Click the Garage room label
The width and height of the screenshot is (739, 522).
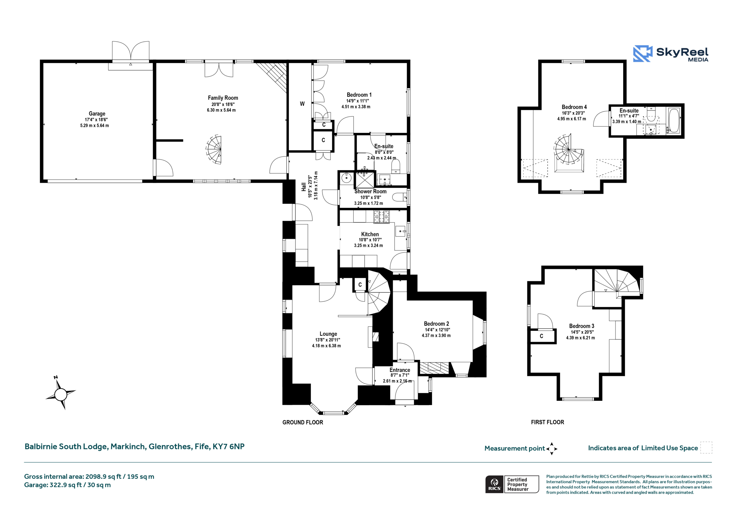(x=97, y=114)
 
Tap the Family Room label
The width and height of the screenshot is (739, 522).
(x=223, y=98)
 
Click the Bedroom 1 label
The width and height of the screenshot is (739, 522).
(x=359, y=95)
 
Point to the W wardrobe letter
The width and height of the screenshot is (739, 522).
(x=302, y=104)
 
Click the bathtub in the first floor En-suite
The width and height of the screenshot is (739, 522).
(x=673, y=120)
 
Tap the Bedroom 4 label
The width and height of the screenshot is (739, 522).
(x=574, y=107)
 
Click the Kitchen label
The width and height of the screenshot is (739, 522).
(x=370, y=234)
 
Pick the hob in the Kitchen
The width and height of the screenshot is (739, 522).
(x=381, y=217)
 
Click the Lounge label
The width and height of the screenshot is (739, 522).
(x=328, y=334)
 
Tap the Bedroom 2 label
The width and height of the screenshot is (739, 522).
(x=436, y=324)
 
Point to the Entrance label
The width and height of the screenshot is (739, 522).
(x=400, y=370)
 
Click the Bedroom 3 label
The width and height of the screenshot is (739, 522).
(x=581, y=326)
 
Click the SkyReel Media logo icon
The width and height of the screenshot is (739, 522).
(x=643, y=53)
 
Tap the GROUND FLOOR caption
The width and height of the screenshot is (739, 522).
(x=303, y=422)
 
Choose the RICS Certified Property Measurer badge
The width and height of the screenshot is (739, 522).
(x=512, y=484)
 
